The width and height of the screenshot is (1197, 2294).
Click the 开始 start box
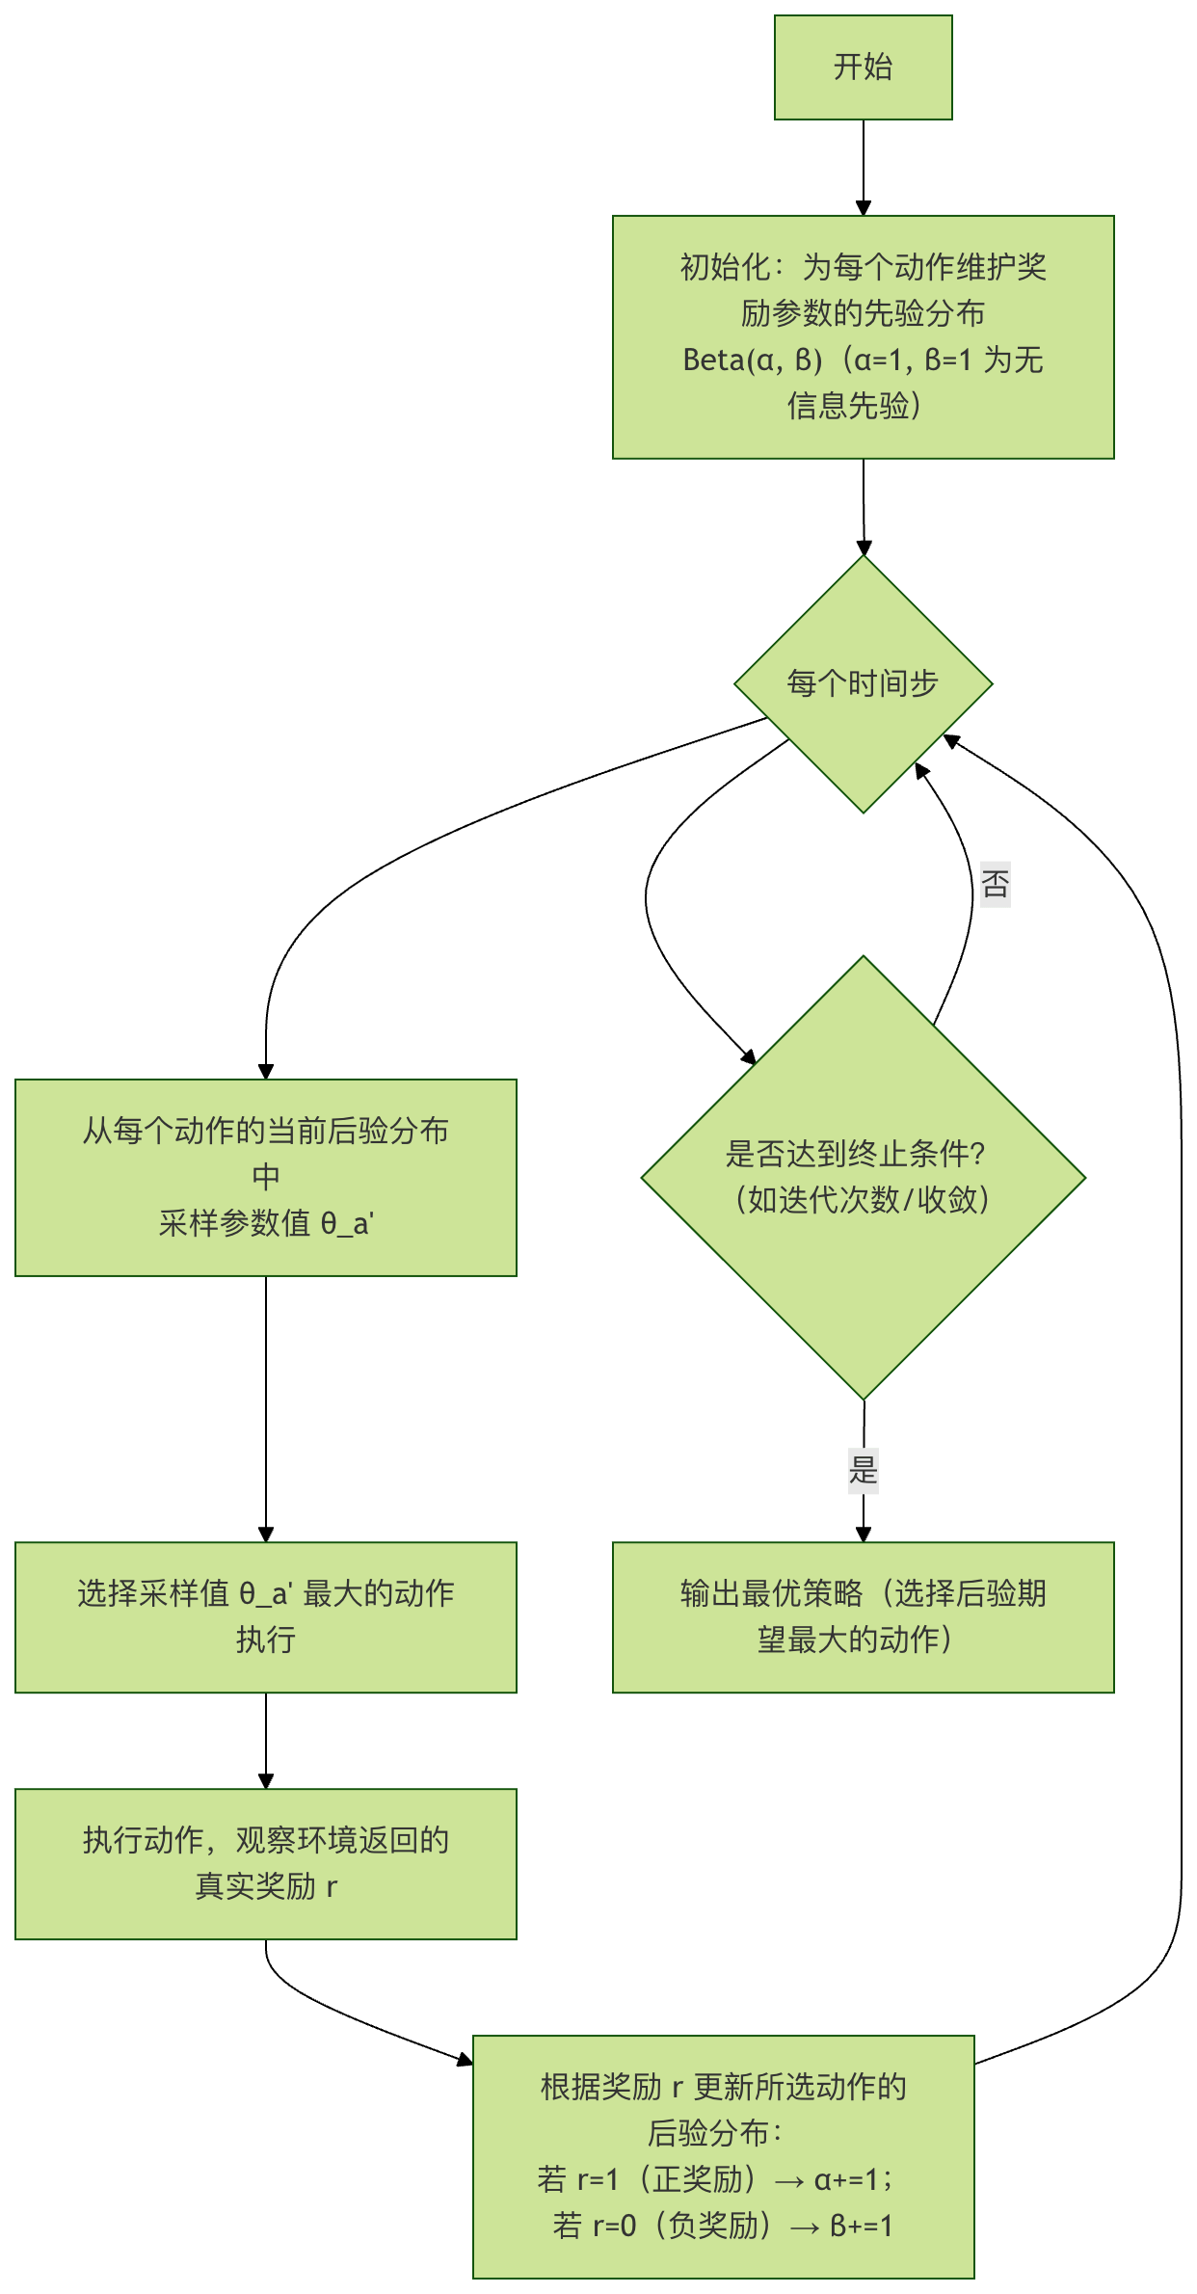[x=863, y=67]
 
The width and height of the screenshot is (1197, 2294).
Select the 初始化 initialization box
[x=863, y=336]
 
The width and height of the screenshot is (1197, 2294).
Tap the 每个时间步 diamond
[x=863, y=683]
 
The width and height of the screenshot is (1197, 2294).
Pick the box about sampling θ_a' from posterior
[x=266, y=1177]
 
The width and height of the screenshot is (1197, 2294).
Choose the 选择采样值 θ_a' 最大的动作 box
[x=266, y=1616]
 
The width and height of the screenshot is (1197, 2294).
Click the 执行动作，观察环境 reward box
[x=266, y=1863]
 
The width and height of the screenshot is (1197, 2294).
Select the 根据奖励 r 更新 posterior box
[x=723, y=2156]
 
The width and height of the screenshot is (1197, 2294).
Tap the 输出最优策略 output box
[x=863, y=1616]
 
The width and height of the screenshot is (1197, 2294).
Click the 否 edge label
[x=996, y=884]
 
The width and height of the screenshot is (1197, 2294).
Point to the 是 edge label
[x=863, y=1470]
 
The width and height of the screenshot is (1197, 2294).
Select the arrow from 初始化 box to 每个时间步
[x=863, y=506]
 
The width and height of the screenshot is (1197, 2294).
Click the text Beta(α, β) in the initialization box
[x=753, y=360]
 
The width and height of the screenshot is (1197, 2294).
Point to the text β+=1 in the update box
[x=861, y=2226]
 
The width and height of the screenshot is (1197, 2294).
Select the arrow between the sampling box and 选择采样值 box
[x=266, y=1407]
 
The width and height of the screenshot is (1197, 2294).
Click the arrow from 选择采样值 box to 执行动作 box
[x=266, y=1740]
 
